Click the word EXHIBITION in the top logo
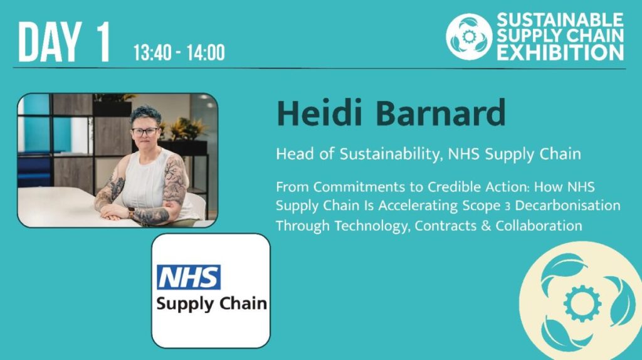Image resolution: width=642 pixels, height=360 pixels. (560, 53)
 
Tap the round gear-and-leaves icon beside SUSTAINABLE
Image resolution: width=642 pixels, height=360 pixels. (469, 36)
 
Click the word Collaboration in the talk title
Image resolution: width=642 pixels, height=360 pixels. (539, 225)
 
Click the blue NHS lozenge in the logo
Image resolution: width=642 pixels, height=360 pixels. (188, 277)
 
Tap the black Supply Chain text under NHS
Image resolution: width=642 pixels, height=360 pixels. (211, 304)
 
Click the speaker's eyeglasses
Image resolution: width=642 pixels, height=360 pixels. (145, 132)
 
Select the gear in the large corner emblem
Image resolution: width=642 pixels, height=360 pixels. (582, 304)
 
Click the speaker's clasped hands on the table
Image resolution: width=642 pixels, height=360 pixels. (115, 211)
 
